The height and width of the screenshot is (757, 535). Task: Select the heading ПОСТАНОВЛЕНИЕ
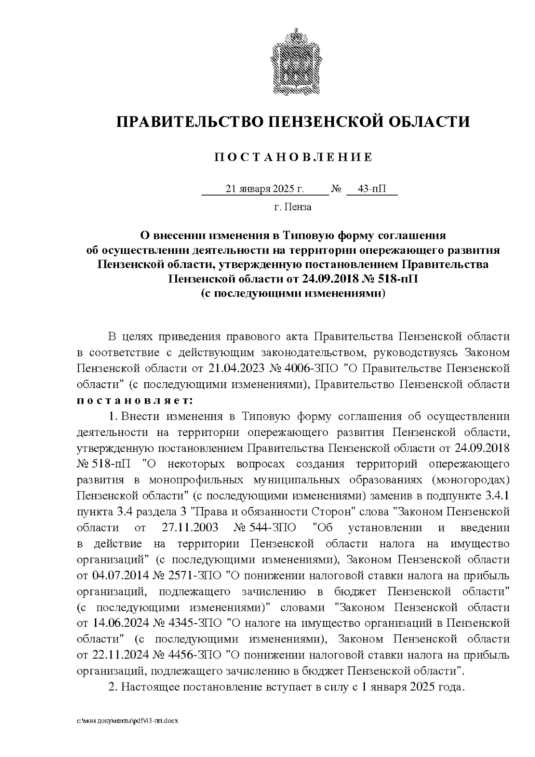coord(293,157)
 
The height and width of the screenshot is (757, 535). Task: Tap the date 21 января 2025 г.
coord(265,189)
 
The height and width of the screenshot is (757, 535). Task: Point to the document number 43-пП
coord(372,189)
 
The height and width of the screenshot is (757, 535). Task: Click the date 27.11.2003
coord(188,528)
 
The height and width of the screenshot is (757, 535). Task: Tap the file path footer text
coord(128,721)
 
